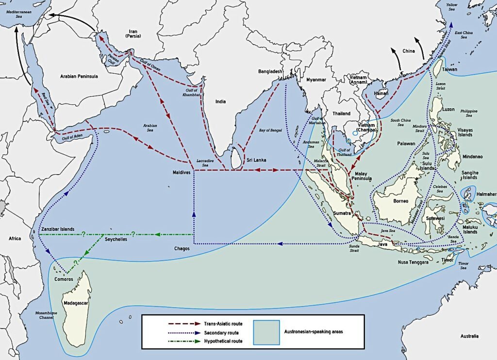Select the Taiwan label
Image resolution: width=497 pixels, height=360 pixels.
(449, 70)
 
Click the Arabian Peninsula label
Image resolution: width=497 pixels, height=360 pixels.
(79, 76)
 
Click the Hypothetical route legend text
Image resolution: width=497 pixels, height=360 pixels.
(224, 341)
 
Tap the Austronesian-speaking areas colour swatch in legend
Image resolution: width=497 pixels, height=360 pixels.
(266, 332)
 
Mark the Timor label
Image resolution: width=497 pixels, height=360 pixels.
(448, 260)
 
